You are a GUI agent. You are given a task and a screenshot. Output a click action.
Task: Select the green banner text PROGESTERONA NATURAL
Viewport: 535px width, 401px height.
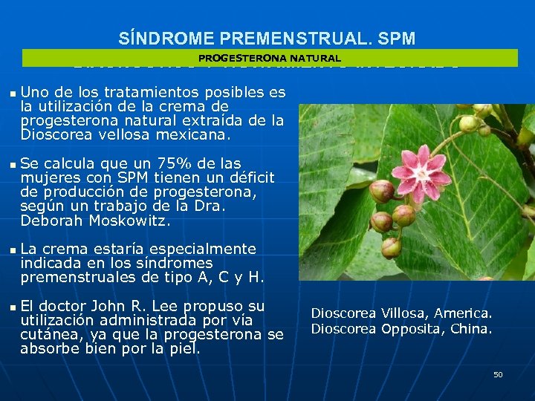[x=270, y=58]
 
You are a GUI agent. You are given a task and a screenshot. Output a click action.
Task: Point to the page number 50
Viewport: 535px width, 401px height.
[x=498, y=374]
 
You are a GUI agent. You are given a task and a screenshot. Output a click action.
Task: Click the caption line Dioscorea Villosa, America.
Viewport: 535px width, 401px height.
[x=401, y=314]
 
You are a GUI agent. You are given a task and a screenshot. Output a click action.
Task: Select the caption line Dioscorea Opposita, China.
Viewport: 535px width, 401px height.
[x=401, y=328]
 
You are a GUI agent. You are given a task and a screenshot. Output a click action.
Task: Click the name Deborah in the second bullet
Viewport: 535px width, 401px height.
[x=47, y=221]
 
